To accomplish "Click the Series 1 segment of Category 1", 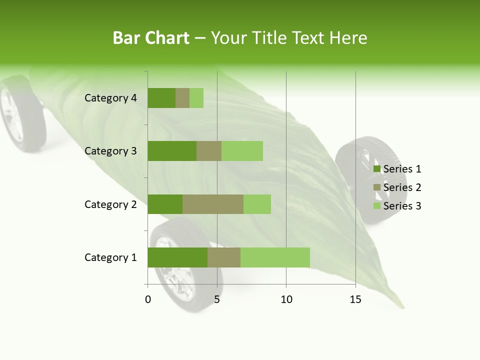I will pos(177,257).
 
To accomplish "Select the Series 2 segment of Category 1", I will pos(224,257).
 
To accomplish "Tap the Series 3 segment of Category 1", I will pos(275,257).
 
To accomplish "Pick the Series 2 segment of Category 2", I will pos(213,204).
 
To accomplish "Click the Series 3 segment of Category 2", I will pos(257,204).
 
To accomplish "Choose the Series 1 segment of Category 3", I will pos(172,151).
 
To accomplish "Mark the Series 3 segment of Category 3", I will pos(242,151).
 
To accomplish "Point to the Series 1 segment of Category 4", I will pos(161,98).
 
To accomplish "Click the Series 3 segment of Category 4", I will pos(196,98).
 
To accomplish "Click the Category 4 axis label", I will pos(110,98).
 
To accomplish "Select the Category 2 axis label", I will pos(110,204).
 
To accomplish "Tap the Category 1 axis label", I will pos(110,257).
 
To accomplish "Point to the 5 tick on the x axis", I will pos(217,299).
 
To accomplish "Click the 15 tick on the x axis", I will pos(355,299).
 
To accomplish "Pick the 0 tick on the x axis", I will pos(148,299).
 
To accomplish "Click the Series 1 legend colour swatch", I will pos(376,169).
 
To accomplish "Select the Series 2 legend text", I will pos(402,187).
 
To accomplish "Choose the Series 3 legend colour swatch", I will pos(376,206).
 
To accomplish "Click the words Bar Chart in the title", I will pos(150,38).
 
